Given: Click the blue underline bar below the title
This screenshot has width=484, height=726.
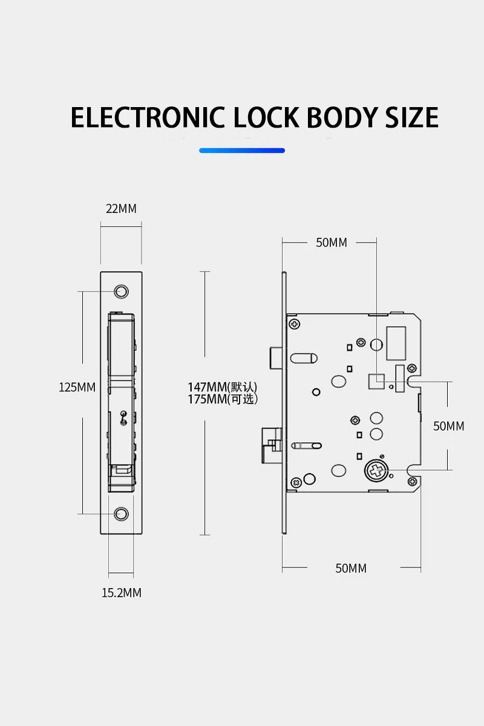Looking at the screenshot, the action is pos(242,150).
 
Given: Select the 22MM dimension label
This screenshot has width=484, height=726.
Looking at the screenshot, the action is pos(121,209).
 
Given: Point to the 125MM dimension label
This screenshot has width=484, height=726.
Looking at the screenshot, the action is pos(77,387).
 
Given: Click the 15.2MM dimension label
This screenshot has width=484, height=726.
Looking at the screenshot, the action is pos(121,593).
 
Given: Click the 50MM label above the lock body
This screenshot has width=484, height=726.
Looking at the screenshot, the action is pos(332,243).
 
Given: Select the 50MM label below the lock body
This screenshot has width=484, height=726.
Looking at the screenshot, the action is pos(351,569).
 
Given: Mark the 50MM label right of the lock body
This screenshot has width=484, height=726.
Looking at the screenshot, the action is pos(448,426).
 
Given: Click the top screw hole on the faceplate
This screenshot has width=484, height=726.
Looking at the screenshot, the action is pos(122,292).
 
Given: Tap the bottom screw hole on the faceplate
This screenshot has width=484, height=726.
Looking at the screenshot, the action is pos(122,514).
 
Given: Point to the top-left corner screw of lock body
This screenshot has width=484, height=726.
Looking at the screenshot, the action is pos(295,324).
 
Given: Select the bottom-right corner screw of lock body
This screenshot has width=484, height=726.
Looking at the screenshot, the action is pos(412,481).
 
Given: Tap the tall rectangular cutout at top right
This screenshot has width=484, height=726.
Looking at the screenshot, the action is pos(396,344).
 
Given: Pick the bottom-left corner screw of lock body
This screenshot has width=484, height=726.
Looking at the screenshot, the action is pos(295,482).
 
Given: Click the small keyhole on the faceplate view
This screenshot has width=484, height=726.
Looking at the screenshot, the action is pos(123,417).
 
